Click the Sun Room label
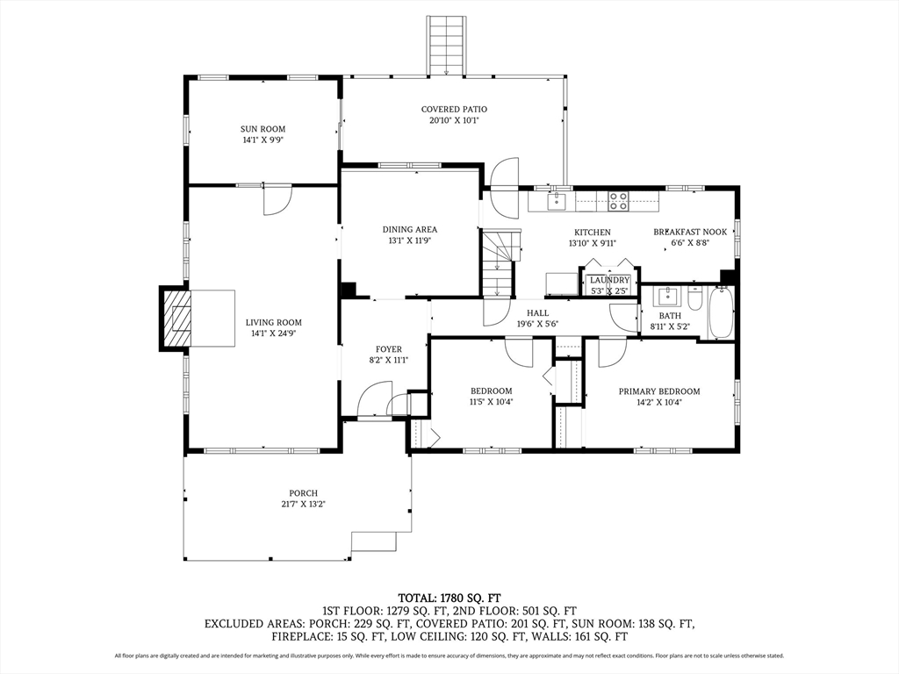click(x=263, y=129)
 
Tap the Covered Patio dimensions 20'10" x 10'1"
click(x=454, y=120)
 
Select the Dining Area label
click(x=410, y=230)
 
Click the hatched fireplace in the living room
click(x=176, y=318)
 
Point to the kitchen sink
click(x=556, y=201)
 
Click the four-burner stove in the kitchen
click(x=618, y=201)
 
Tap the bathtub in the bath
click(x=721, y=313)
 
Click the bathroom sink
click(x=667, y=297)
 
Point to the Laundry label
click(x=609, y=280)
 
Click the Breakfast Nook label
click(x=690, y=232)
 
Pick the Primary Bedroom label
click(x=659, y=391)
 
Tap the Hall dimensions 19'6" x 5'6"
click(x=537, y=324)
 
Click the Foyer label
click(x=389, y=349)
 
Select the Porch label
click(x=303, y=493)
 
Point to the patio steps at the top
click(x=445, y=46)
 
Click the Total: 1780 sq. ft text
click(x=449, y=599)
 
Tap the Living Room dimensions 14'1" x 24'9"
click(x=274, y=333)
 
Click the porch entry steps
click(x=374, y=541)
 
